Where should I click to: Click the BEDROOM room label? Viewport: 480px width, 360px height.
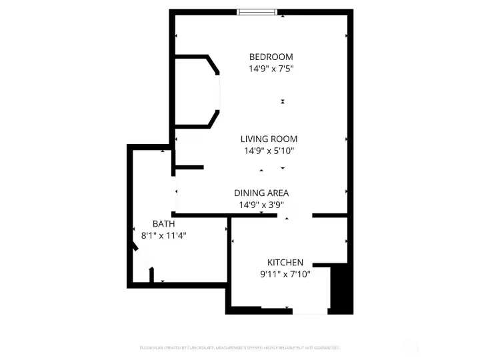(271, 57)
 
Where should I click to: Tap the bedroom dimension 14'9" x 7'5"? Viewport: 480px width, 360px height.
(271, 68)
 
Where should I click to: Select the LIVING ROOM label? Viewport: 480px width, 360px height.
(269, 139)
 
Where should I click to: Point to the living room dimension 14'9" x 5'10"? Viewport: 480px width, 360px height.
(269, 151)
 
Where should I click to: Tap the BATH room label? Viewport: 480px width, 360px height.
(163, 224)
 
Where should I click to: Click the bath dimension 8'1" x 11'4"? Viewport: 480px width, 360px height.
(163, 235)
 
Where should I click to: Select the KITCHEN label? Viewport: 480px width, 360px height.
(285, 263)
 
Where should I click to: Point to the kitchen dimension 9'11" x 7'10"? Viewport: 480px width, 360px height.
(285, 274)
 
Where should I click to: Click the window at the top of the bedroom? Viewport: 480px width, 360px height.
(258, 12)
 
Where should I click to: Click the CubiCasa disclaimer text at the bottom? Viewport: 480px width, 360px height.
(240, 348)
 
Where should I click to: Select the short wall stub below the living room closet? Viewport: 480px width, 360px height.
(189, 167)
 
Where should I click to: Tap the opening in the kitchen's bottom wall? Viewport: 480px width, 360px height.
(310, 311)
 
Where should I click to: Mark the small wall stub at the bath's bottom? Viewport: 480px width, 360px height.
(152, 275)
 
